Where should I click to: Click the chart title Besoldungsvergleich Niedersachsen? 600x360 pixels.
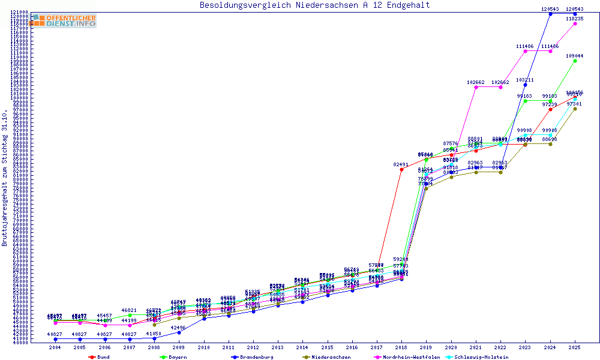pos(315,5)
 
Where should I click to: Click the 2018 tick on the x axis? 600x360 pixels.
pos(401,347)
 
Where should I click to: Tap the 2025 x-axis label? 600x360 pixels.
pos(575,347)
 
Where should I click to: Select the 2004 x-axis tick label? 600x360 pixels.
pos(55,347)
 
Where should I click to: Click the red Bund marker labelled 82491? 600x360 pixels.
pos(401,169)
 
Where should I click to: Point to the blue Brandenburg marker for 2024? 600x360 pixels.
pos(550,14)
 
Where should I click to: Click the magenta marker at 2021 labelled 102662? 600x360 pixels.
pos(476,87)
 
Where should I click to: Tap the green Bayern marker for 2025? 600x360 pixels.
pos(575,61)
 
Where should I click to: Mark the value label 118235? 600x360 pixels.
pos(575,19)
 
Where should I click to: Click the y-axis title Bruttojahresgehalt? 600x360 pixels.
pos(5,178)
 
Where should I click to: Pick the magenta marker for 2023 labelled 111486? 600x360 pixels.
pos(525,51)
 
